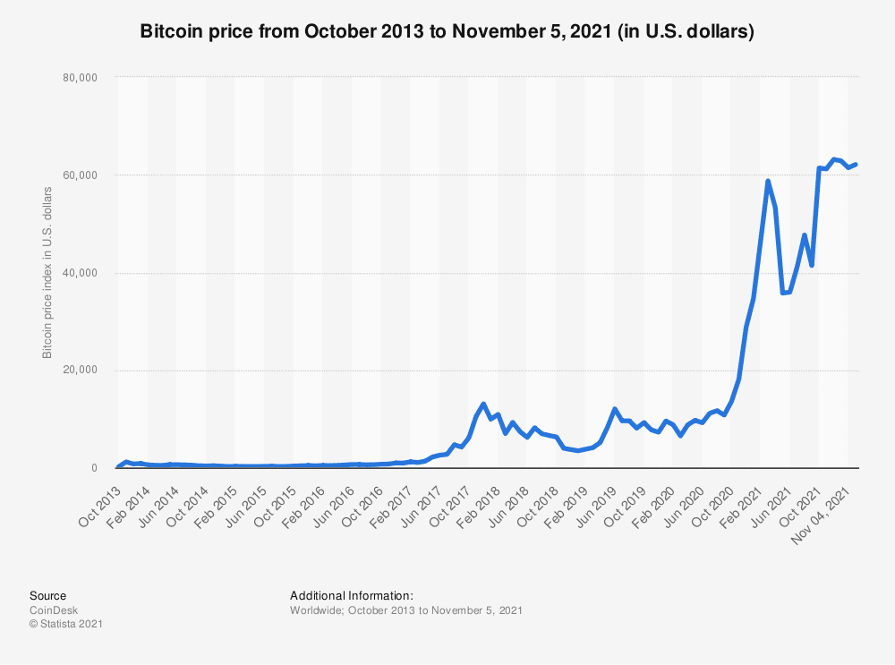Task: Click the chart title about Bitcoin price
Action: point(447,32)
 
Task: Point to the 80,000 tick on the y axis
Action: point(81,78)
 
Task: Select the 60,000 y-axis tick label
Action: point(81,175)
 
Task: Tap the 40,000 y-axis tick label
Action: point(81,273)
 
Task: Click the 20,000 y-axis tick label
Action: point(81,371)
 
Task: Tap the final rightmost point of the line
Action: point(856,164)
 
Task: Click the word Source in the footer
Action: point(47,595)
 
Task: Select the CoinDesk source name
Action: point(54,610)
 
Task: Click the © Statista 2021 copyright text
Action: point(66,625)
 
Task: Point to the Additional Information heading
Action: point(352,595)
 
